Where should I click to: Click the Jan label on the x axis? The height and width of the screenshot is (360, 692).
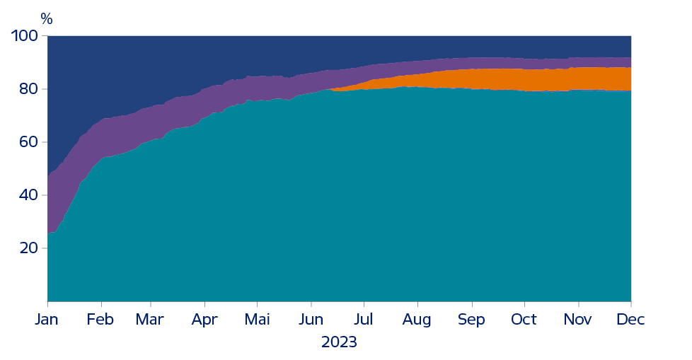coord(47,320)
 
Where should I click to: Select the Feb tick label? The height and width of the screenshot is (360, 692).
coord(100,320)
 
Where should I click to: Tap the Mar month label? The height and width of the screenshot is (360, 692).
coord(150,320)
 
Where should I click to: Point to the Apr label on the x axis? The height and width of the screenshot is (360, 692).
coord(205,320)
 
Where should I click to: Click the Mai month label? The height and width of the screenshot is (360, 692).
coord(258,320)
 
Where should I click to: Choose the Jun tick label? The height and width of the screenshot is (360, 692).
coord(311,320)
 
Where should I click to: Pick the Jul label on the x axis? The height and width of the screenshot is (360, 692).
coord(364,320)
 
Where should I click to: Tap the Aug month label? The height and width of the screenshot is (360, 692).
coord(417,320)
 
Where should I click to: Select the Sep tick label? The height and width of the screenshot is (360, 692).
coord(471,320)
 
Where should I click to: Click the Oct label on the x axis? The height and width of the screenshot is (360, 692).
coord(524,320)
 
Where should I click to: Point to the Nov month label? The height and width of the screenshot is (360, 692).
coord(577,320)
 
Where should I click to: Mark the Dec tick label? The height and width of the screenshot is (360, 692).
coord(630,320)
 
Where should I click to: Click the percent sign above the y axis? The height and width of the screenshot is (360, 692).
coord(47,19)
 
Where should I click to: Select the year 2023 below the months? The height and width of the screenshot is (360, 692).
coord(339,342)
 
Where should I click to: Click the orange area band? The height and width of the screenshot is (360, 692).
coord(538,80)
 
